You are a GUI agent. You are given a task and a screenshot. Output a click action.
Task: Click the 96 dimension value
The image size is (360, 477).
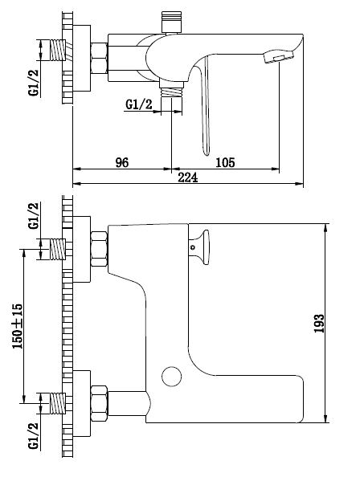point(122,162)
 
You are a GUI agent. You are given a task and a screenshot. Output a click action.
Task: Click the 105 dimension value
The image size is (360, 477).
point(225,162)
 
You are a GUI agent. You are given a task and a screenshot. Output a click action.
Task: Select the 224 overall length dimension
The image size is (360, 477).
point(188,177)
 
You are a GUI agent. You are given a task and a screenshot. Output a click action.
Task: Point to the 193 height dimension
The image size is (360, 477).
point(319,324)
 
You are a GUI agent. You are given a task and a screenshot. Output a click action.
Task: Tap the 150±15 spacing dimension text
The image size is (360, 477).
point(18,326)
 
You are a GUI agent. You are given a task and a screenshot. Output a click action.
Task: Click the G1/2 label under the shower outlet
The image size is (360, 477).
point(139,104)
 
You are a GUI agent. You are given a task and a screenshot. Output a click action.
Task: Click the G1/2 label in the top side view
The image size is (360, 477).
point(34,83)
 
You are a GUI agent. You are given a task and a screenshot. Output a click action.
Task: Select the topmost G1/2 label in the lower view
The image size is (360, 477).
point(34,215)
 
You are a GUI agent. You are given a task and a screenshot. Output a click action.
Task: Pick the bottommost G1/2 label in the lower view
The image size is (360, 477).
point(34,435)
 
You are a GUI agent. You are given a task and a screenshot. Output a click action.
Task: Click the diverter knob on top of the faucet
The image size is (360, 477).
point(172,22)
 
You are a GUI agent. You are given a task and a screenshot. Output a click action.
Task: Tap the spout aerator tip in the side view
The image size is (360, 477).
point(279,57)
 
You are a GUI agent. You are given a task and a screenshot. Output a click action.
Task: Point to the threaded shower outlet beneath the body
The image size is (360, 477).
point(172,90)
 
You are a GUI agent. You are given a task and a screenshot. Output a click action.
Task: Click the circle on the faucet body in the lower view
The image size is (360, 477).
point(172,377)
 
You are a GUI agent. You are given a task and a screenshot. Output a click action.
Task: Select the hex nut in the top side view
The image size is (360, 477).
point(99,59)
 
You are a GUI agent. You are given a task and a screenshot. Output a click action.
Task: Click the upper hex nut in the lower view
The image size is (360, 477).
point(99,249)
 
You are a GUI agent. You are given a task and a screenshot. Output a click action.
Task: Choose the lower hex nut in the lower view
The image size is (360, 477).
point(99,403)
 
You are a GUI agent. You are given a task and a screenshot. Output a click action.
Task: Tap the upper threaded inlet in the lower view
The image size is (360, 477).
point(58,249)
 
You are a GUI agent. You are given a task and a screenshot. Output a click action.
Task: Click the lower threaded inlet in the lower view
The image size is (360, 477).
point(58,403)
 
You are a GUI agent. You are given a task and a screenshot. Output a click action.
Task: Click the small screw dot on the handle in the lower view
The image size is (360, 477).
point(192,247)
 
